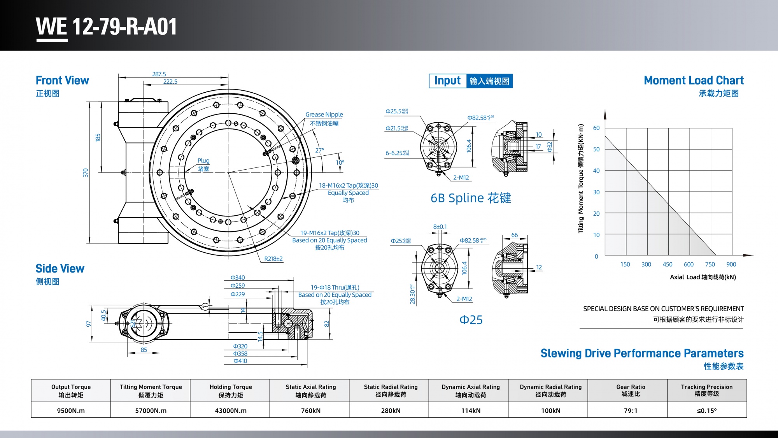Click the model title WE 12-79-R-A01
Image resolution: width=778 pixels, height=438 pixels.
click(106, 26)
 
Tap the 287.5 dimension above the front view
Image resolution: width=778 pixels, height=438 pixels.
click(159, 74)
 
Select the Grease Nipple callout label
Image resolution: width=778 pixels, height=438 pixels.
click(324, 114)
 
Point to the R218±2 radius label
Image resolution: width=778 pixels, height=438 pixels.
click(273, 259)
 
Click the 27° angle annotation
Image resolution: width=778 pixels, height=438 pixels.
click(319, 150)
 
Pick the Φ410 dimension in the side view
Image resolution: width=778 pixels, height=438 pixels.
click(240, 361)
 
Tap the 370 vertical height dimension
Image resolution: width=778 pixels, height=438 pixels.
click(86, 172)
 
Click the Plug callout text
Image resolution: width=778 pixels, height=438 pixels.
click(203, 160)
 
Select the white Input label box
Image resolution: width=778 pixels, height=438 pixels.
click(447, 81)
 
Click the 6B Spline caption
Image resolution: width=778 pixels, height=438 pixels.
click(471, 198)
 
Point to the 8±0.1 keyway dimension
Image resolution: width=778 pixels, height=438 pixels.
click(440, 227)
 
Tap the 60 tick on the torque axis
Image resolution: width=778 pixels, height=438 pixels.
click(596, 128)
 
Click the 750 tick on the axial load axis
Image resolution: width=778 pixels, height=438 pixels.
click(710, 264)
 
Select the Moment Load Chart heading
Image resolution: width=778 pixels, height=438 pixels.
click(694, 80)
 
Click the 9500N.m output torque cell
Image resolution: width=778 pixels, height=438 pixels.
click(71, 410)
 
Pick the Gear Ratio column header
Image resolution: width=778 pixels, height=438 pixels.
click(631, 390)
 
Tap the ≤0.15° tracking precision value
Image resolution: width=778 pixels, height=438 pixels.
click(706, 410)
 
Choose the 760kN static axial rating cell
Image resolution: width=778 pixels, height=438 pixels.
click(310, 410)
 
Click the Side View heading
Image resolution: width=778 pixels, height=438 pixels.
click(60, 268)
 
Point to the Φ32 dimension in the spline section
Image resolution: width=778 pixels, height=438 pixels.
click(549, 147)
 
